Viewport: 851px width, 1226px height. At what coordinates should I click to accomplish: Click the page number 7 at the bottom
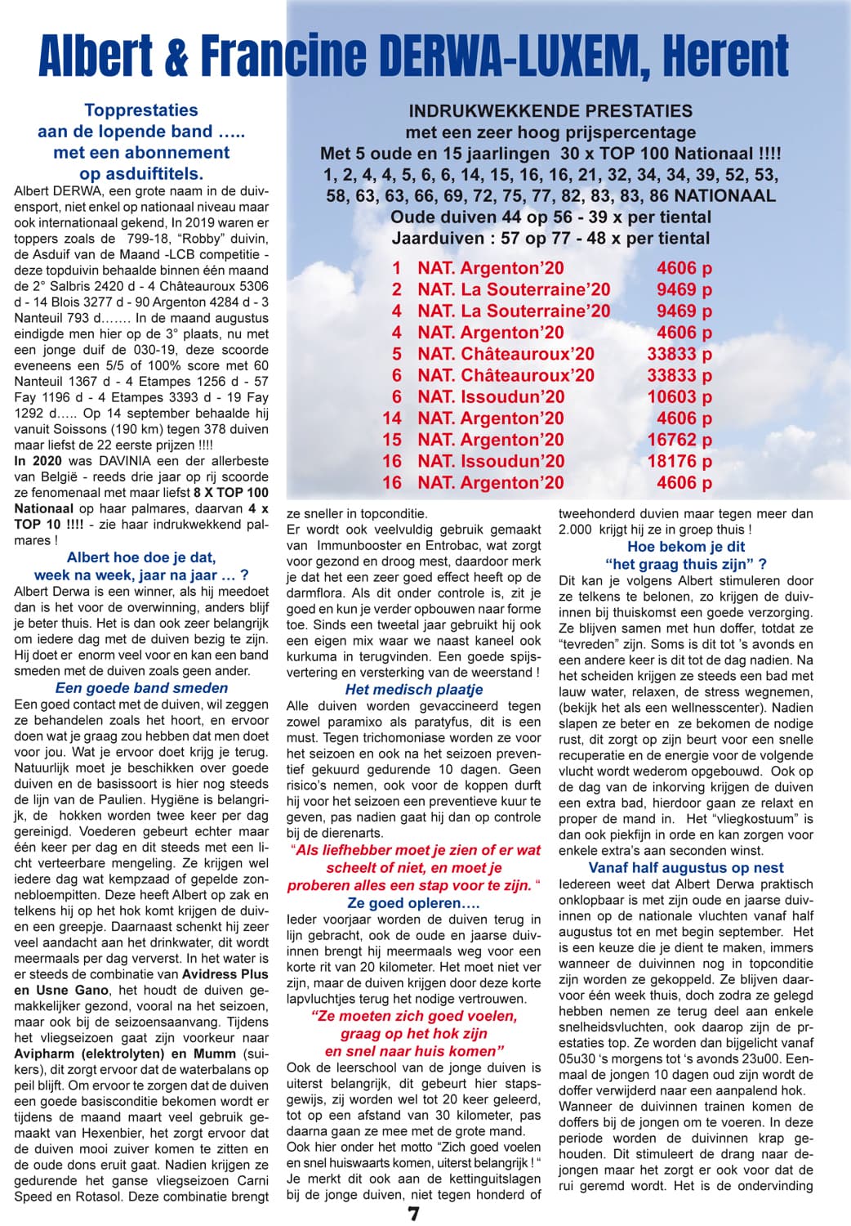pos(414,1214)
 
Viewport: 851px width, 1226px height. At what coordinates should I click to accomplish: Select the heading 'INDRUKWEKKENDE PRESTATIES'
pos(550,111)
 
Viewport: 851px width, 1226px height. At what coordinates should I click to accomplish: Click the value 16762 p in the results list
pos(679,440)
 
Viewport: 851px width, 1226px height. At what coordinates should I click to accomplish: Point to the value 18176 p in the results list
pos(679,461)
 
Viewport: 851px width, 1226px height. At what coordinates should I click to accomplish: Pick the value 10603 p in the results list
pos(679,397)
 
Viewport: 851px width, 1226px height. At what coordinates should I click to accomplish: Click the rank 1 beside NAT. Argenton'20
pos(397,268)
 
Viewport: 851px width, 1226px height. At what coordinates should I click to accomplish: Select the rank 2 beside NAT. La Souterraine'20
pos(397,289)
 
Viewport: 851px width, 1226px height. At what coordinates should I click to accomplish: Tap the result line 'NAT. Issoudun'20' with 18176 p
pos(491,461)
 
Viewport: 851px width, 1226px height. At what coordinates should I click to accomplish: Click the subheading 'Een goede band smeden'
pos(141,688)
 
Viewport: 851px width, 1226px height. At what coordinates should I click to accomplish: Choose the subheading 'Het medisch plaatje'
pos(414,690)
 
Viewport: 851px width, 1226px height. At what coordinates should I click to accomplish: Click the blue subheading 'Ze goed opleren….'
pos(414,903)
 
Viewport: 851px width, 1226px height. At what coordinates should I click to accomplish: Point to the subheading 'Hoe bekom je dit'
pos(686,547)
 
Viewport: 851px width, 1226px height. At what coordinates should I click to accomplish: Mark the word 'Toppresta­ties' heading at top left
pos(141,110)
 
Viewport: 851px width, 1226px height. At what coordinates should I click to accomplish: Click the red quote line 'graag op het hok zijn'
pos(414,1034)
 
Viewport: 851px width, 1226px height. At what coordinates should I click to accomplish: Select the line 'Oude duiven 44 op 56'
pos(550,217)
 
